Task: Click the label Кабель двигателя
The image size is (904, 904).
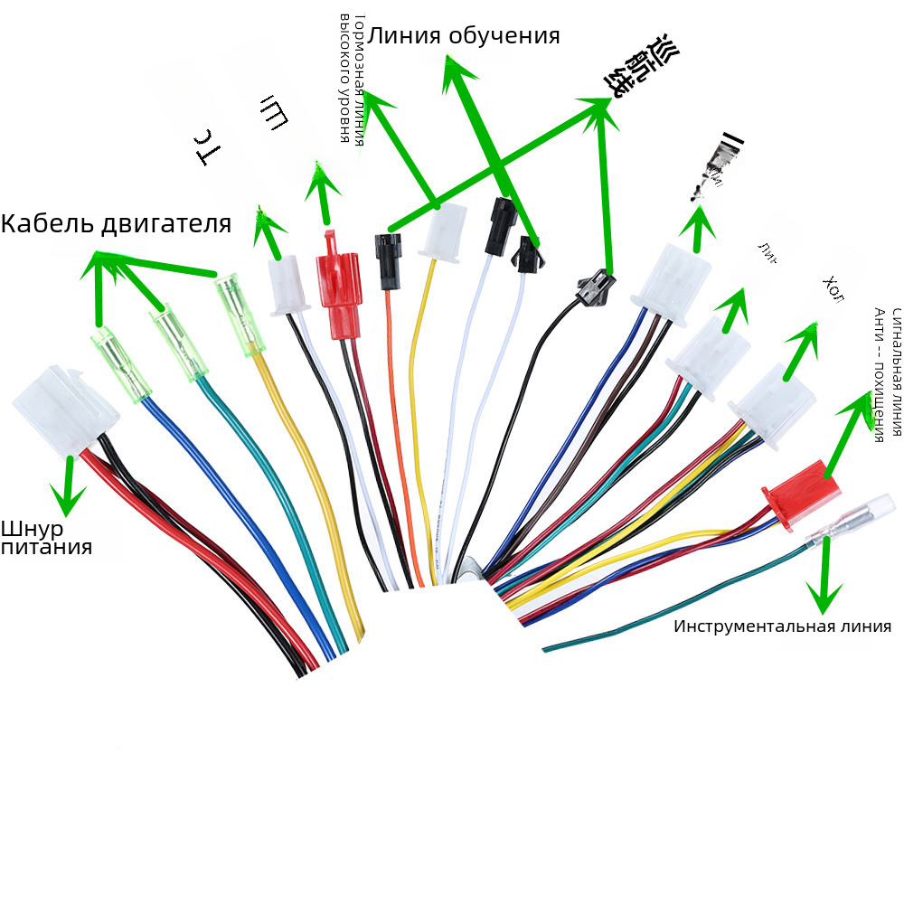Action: click(116, 223)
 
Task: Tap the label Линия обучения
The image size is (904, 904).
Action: click(464, 36)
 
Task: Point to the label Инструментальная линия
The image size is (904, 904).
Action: click(782, 626)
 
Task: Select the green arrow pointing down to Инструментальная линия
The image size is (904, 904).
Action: click(824, 579)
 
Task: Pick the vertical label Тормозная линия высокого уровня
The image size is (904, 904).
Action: click(350, 79)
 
